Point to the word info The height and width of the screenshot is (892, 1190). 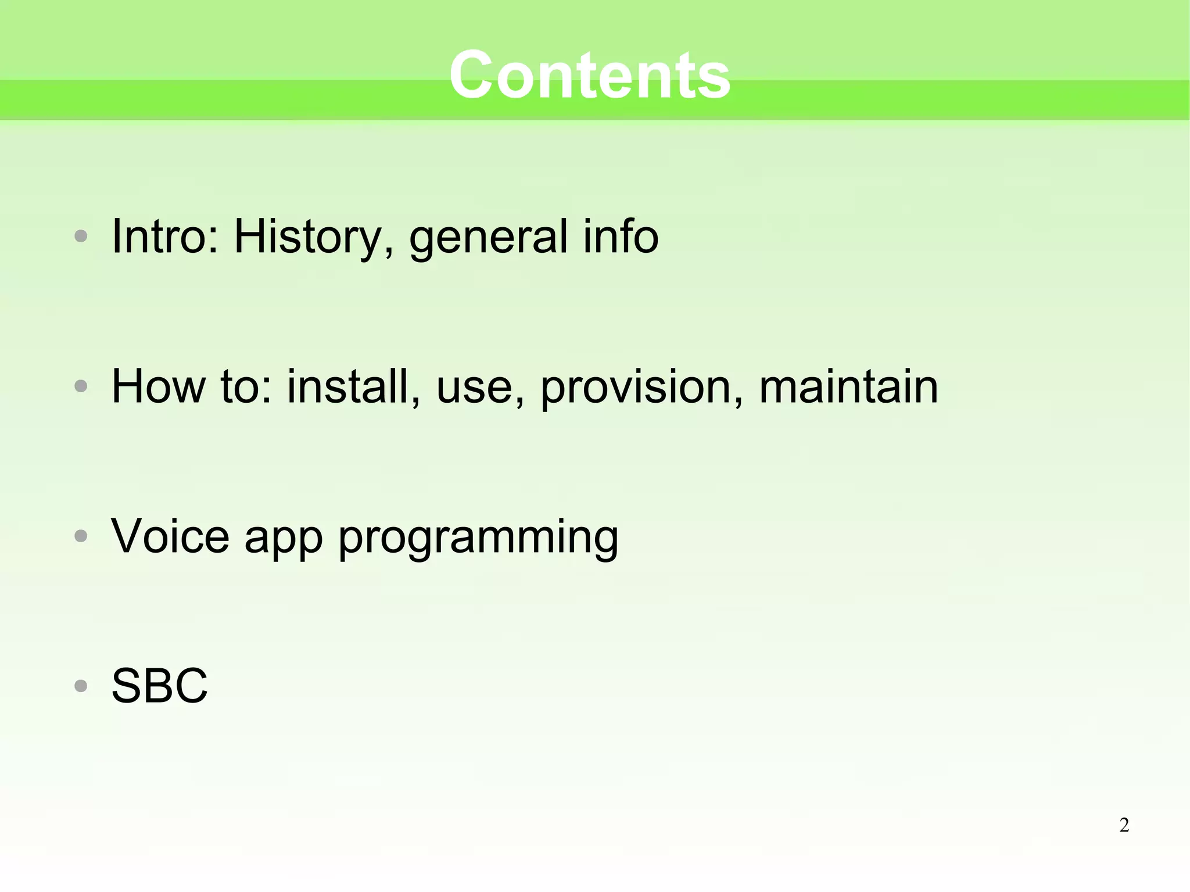[x=621, y=236]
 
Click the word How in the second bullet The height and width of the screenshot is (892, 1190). [x=158, y=386]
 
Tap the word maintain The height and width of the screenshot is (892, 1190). [x=848, y=386]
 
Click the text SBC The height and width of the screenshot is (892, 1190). [x=159, y=686]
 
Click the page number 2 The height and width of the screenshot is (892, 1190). [x=1124, y=825]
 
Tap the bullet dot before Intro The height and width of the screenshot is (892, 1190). [x=81, y=237]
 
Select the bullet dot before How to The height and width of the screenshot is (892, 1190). [x=81, y=386]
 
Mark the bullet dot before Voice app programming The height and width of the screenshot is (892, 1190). [x=81, y=536]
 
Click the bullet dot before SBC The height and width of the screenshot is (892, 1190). [x=81, y=686]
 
